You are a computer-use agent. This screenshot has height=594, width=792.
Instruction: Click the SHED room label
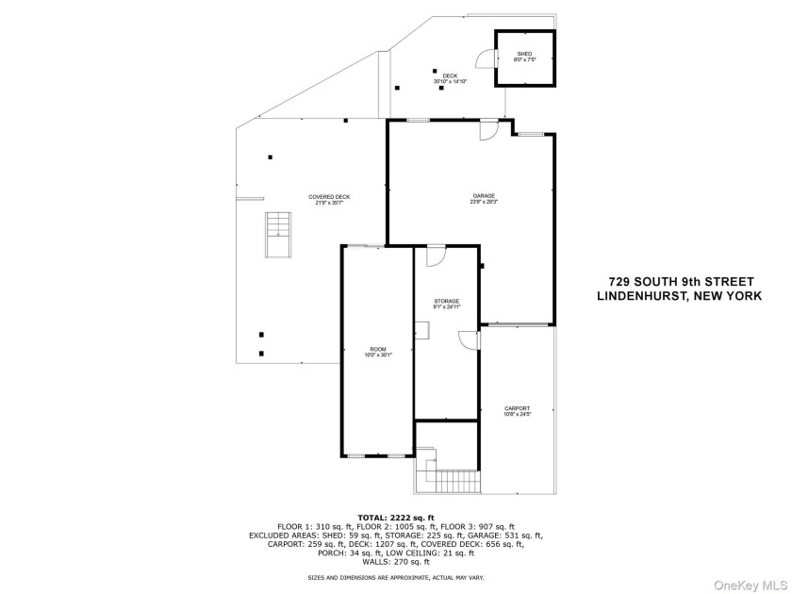(x=523, y=56)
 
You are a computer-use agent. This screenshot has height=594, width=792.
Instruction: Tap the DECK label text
(x=450, y=78)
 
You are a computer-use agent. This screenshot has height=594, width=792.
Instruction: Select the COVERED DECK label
(x=329, y=199)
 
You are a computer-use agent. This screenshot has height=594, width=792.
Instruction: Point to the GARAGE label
(x=484, y=198)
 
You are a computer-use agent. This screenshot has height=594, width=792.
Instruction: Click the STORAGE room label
(x=447, y=303)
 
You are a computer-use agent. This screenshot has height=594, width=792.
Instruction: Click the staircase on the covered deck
(x=278, y=234)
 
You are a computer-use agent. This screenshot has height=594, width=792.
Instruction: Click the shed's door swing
(x=486, y=58)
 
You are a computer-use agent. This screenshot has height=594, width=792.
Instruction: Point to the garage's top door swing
(x=488, y=132)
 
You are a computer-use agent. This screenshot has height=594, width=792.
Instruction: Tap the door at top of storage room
(x=436, y=256)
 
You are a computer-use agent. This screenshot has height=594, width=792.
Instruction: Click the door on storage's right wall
(x=469, y=340)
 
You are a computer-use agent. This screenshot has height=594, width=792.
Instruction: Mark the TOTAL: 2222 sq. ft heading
(x=395, y=518)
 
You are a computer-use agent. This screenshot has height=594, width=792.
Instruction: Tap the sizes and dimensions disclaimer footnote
(x=395, y=577)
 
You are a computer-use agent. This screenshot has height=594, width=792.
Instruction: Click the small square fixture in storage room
(x=421, y=329)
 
